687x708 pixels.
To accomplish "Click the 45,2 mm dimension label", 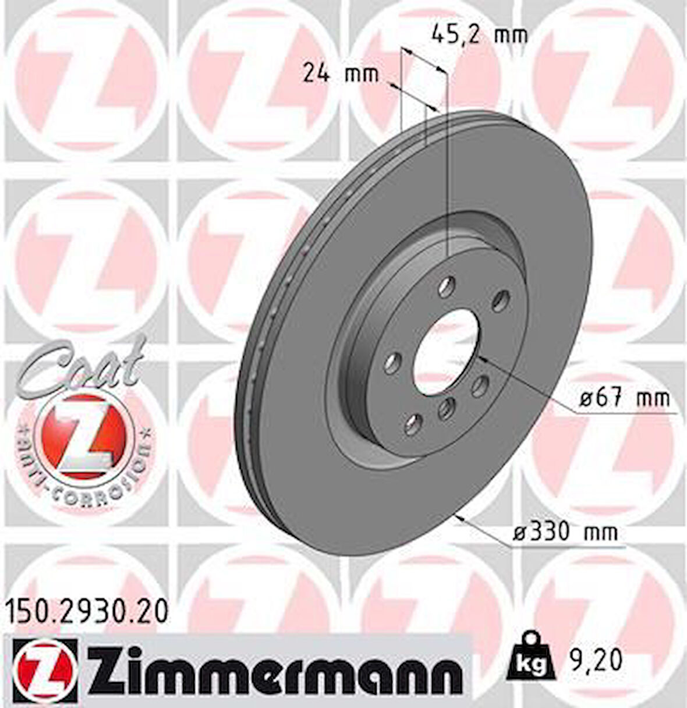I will tap(479, 35).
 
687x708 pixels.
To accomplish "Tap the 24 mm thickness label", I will tap(341, 74).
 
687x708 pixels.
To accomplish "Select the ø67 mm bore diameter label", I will tap(624, 399).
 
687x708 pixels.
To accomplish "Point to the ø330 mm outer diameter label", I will tap(565, 532).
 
